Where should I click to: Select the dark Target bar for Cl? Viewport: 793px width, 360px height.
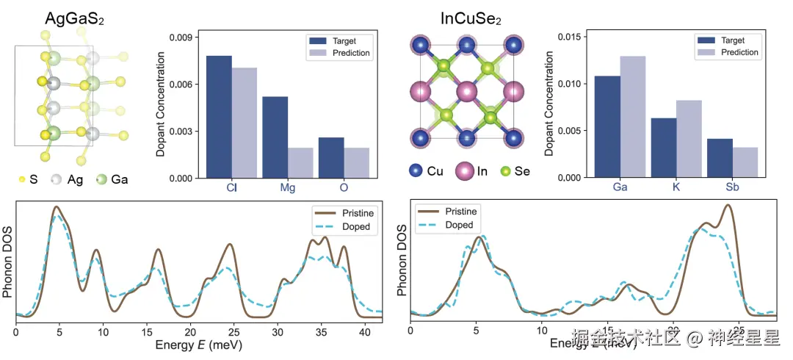(x=218, y=116)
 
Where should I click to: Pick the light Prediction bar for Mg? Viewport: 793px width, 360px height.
(x=279, y=162)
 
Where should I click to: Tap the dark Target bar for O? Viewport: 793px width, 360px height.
(x=331, y=157)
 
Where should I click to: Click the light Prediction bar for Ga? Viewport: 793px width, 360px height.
(x=632, y=116)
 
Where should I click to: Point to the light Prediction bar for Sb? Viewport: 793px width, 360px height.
(x=745, y=162)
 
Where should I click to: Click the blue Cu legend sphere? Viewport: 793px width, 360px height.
(x=416, y=170)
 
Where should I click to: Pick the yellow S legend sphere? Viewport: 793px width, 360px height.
(x=20, y=179)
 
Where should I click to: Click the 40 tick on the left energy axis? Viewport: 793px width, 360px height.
(x=364, y=332)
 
